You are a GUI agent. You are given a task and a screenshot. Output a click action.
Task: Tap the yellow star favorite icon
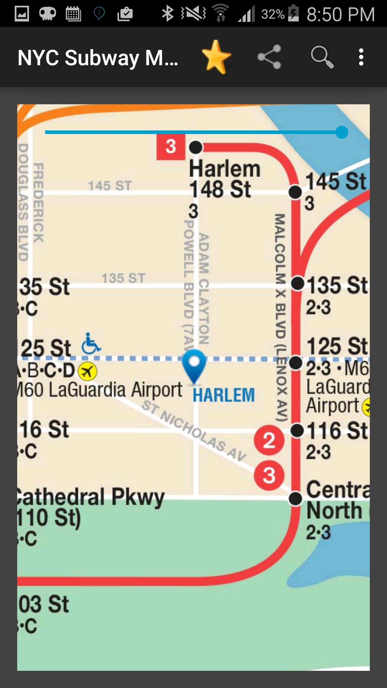[x=216, y=57]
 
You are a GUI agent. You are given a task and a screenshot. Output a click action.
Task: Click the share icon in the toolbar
[x=269, y=57]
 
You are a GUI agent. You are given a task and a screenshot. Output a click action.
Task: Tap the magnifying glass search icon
[x=322, y=57]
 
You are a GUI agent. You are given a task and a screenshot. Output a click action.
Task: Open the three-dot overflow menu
[x=361, y=57]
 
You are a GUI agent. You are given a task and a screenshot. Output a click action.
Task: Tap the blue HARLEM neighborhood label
[x=224, y=395]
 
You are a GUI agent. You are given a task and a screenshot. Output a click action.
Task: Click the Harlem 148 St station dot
[x=196, y=147]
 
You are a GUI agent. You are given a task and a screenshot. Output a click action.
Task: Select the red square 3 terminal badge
[x=171, y=147]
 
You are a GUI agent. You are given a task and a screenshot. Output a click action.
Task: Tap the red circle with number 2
[x=269, y=440]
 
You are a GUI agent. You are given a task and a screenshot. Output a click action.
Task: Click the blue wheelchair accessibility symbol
[x=91, y=344]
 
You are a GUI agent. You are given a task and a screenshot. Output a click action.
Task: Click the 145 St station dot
[x=295, y=192]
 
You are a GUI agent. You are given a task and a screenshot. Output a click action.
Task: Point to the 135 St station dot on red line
[x=297, y=283]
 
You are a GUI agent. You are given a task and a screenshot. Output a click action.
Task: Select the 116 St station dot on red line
[x=297, y=430]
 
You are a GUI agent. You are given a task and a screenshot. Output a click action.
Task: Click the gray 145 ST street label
[x=110, y=186]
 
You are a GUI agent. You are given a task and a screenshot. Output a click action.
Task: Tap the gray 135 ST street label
[x=123, y=278]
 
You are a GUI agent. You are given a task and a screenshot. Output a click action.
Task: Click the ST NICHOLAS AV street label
[x=194, y=430]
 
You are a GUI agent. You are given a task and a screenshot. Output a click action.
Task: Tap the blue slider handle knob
[x=342, y=132]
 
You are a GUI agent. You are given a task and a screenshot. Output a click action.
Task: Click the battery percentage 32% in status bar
[x=273, y=14]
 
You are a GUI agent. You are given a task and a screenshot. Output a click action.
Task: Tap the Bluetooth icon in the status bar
[x=167, y=14]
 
